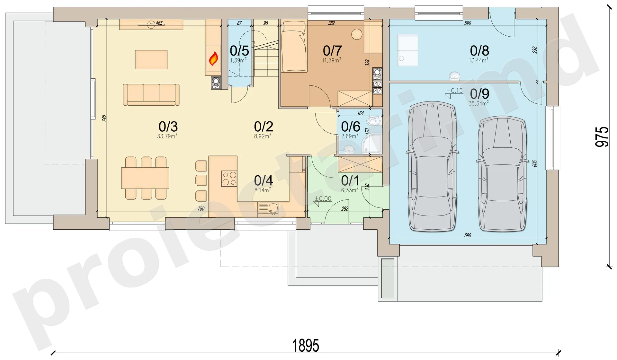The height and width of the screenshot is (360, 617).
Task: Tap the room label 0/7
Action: click(x=332, y=51)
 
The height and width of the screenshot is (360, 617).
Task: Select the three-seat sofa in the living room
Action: click(x=151, y=95)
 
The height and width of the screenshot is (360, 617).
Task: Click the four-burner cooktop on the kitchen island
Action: click(x=229, y=179)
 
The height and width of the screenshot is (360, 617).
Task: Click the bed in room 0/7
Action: click(x=294, y=47)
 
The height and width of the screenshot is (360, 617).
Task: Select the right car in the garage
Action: click(x=502, y=174)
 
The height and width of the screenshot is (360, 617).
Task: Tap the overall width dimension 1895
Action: click(x=306, y=346)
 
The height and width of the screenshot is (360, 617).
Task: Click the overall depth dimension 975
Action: click(x=602, y=137)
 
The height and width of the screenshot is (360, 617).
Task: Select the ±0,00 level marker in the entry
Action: click(x=323, y=199)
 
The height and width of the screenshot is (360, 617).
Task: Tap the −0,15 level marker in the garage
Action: click(x=454, y=91)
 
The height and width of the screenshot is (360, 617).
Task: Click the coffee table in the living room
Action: click(x=151, y=59)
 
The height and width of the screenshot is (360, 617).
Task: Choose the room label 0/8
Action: click(x=479, y=51)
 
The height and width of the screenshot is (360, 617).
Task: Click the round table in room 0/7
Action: click(x=357, y=34)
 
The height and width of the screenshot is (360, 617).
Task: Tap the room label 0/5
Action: click(x=239, y=51)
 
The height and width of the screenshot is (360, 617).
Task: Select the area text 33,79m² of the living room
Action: click(x=167, y=136)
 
